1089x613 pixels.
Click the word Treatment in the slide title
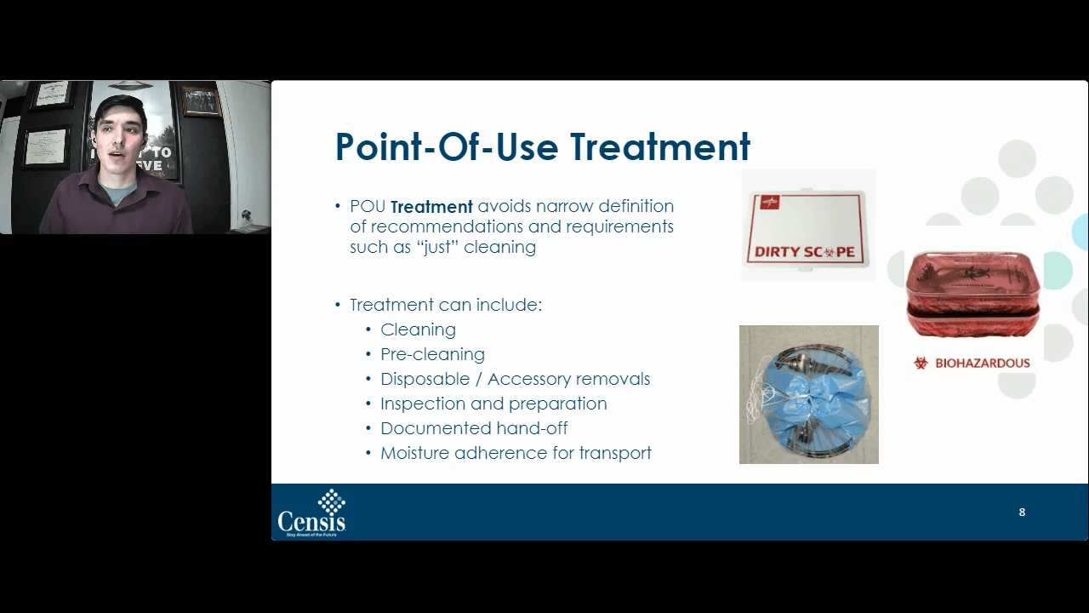(659, 146)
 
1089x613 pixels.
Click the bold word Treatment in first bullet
(431, 207)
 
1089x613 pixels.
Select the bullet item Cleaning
(418, 329)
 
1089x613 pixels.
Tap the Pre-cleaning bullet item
(432, 354)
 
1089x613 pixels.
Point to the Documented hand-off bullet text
(474, 428)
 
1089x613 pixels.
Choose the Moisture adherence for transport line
(516, 453)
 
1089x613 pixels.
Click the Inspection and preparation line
(493, 404)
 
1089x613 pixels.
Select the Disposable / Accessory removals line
(515, 379)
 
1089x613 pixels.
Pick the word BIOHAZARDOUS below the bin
(982, 364)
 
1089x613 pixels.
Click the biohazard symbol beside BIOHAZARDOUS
(921, 364)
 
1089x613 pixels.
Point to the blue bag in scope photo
(808, 400)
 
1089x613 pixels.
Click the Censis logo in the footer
(311, 513)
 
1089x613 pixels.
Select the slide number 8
(1022, 512)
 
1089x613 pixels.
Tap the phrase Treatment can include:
(445, 305)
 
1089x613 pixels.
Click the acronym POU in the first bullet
(368, 207)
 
